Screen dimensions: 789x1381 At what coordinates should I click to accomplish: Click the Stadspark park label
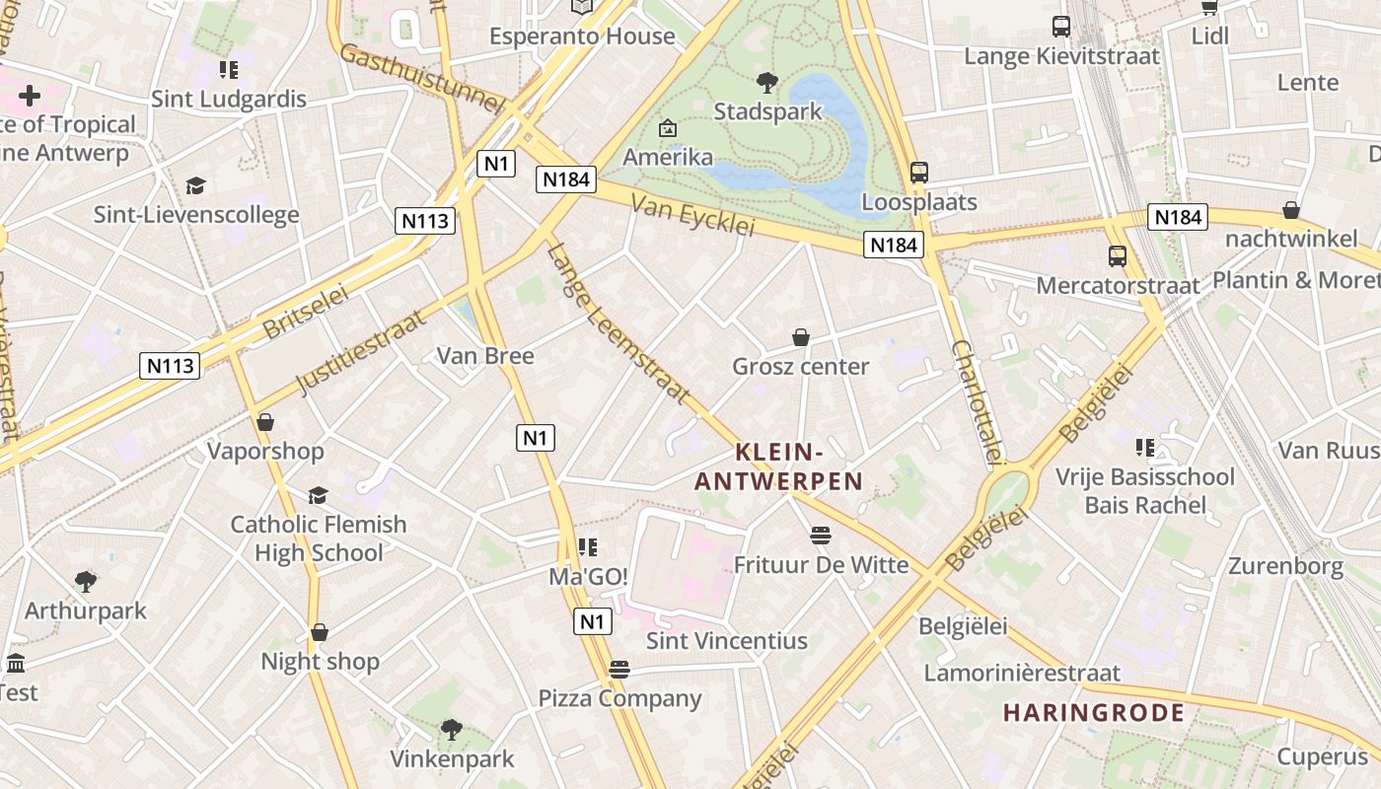tap(767, 111)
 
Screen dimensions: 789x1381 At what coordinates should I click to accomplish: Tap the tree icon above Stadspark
tap(766, 83)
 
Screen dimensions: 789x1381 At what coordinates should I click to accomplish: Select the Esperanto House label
tap(582, 36)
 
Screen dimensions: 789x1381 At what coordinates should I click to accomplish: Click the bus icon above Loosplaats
tap(919, 173)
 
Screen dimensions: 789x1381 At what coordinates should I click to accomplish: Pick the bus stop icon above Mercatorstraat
tap(1118, 256)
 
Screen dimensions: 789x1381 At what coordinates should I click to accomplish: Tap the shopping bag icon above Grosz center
tap(801, 337)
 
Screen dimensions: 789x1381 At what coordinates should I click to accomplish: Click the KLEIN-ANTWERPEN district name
tap(779, 467)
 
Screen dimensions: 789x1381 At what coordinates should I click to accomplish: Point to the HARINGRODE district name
tap(1094, 713)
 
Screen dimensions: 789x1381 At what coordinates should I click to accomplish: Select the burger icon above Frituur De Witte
tap(821, 536)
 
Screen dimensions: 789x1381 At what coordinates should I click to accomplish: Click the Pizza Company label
tap(619, 699)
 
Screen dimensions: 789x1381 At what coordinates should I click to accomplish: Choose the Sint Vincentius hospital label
tap(726, 641)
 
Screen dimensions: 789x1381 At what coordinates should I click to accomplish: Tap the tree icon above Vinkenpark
tap(452, 730)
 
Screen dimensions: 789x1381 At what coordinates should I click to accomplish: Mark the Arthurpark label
tap(85, 610)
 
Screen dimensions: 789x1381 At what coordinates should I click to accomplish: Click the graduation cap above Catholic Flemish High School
tap(318, 495)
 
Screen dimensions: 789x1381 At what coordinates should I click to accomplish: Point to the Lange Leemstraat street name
tap(618, 323)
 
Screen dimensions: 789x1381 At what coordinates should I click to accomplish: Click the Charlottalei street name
tap(978, 402)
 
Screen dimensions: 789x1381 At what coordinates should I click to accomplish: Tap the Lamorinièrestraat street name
tap(1021, 674)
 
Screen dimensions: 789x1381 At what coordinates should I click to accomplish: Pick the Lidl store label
tap(1210, 36)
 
